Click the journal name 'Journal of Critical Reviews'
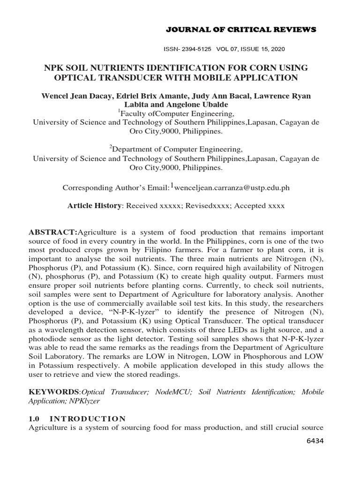pos(241,30)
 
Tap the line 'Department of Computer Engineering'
pos(176,150)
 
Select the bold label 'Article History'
pos(94,206)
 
